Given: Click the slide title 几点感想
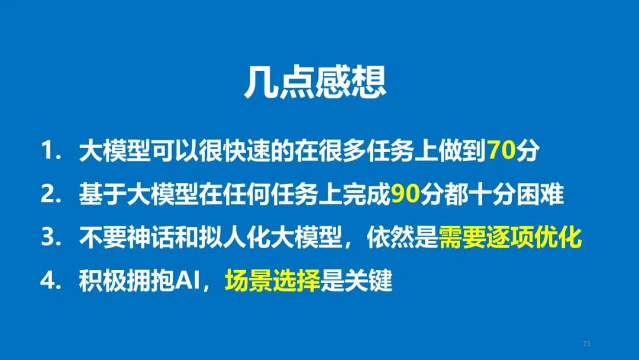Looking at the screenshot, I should tap(315, 83).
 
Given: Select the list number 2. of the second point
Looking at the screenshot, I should tap(52, 195).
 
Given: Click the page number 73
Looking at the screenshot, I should tap(587, 343).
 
